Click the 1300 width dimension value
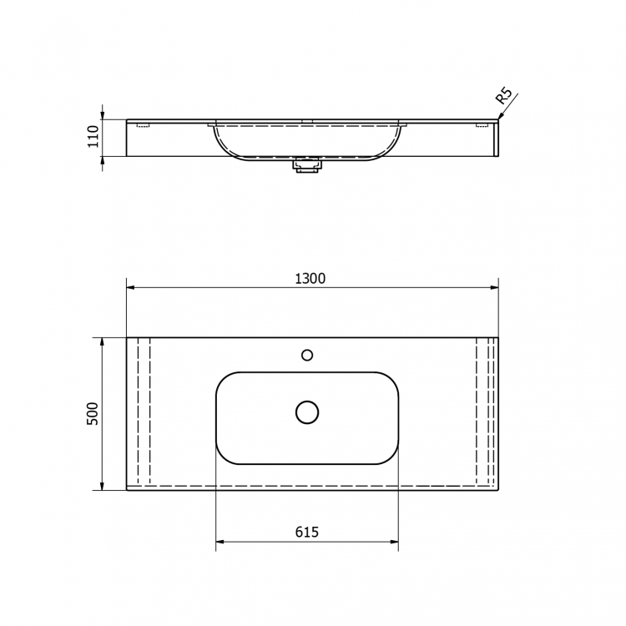pos(310,279)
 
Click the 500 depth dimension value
pos(93,413)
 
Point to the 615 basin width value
pos(307,533)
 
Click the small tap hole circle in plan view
pos(307,355)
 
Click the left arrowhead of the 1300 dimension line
pos(130,288)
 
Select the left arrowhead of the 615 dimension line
pos(220,543)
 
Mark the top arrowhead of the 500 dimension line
pos(102,341)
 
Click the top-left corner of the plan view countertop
pos(127,337)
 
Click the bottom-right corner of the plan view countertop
pos(498,490)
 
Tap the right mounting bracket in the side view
pos(482,126)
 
